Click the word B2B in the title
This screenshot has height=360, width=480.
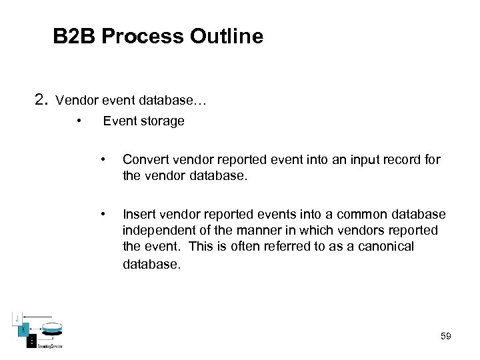click(75, 36)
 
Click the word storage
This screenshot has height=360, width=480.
click(162, 121)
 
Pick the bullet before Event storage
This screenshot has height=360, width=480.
click(79, 121)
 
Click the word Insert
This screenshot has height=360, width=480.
click(137, 214)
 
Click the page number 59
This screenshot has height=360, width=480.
click(446, 336)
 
